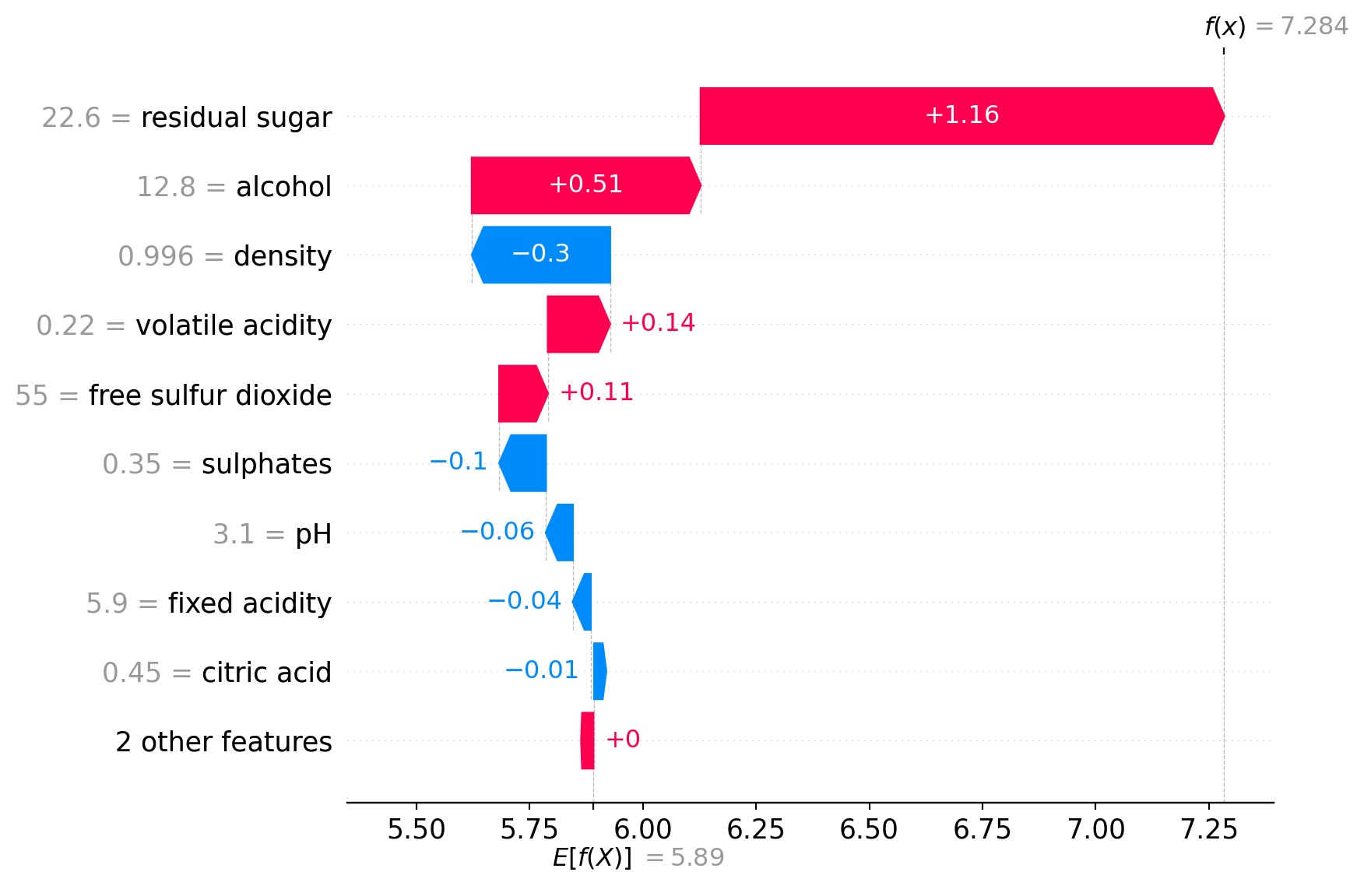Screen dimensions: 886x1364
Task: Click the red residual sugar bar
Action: coord(961,116)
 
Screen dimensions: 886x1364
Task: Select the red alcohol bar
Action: coord(585,185)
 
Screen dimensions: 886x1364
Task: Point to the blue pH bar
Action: coord(561,533)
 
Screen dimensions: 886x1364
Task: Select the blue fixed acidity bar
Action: coord(583,602)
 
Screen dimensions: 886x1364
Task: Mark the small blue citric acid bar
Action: coord(599,671)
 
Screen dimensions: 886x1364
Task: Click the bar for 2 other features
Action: coord(588,740)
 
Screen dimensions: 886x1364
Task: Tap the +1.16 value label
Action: coord(961,115)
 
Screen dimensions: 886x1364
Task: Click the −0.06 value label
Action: coord(497,532)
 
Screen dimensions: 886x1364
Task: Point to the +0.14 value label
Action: coord(658,323)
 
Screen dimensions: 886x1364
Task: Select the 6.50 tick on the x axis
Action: coord(869,830)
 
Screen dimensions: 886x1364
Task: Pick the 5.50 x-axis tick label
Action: coord(416,830)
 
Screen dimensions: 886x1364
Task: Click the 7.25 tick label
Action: coord(1208,830)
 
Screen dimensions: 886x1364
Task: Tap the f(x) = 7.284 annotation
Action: coord(1275,27)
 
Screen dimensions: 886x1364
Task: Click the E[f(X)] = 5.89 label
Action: coord(638,858)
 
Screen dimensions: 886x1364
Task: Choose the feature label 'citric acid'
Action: coord(266,673)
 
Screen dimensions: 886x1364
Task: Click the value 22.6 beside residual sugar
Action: coord(71,118)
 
